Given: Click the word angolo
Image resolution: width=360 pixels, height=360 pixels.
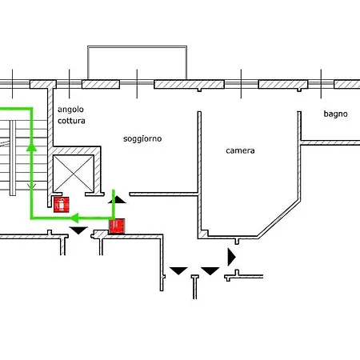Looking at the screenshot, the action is (70, 110).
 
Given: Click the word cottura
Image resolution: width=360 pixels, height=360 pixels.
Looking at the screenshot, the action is (71, 121).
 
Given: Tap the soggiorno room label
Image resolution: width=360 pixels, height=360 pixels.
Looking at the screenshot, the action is (142, 139).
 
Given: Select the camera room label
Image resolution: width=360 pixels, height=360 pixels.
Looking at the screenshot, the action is (240, 150).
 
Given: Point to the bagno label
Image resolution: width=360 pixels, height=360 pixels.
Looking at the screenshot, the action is (335, 114).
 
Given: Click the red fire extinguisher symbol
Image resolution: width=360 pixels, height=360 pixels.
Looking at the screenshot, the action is (62, 205).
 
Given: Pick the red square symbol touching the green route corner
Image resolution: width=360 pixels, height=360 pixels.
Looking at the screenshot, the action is (117, 226).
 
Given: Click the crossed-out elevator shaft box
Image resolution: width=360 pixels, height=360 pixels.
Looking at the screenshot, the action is (74, 174).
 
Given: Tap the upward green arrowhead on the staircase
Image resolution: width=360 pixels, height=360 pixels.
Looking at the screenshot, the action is (31, 147).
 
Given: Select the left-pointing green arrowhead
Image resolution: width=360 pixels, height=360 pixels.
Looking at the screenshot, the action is (75, 218).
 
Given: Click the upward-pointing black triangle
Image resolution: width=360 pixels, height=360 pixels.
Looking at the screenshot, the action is (117, 200).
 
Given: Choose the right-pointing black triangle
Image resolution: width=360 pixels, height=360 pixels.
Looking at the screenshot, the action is (231, 257).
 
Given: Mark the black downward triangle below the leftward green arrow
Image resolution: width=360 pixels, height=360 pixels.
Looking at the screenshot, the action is (78, 230).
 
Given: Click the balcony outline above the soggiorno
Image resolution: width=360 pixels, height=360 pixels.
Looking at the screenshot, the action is (137, 47).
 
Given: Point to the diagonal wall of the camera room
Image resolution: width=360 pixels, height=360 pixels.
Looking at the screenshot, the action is (278, 218).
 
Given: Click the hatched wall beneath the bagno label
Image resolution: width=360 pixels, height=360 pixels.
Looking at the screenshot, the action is (330, 142).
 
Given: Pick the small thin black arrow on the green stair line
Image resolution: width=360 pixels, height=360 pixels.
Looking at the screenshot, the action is (31, 186).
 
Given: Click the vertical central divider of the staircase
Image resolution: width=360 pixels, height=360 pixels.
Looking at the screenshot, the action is (13, 158).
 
